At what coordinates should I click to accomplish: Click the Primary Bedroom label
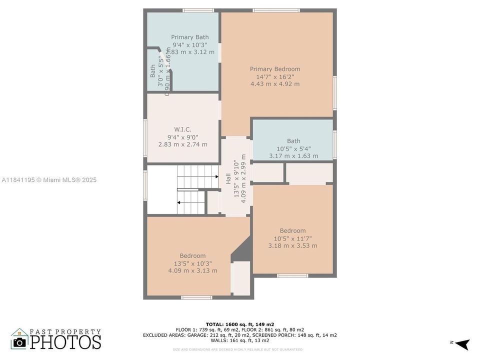275,69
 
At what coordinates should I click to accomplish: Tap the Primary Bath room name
189,37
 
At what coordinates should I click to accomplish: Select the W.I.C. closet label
182,129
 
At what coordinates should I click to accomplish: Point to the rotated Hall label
228,178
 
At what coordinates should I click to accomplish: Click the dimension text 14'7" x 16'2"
275,77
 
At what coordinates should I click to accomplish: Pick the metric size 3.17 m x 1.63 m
293,156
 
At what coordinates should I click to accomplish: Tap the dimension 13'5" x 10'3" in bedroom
192,263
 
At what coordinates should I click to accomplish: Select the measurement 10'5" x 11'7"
292,238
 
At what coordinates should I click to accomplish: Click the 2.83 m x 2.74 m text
182,144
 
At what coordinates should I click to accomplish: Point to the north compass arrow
462,343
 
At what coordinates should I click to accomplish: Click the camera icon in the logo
20,342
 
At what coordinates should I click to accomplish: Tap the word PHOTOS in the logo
65,342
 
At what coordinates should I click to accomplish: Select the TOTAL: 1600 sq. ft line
239,324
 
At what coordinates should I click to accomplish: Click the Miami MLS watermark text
49,180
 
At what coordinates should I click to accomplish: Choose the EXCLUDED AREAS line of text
239,335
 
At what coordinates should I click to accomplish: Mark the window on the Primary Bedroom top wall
276,10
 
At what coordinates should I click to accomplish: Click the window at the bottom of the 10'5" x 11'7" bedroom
292,275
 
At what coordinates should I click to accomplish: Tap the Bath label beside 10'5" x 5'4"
293,141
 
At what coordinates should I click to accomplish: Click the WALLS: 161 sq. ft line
239,340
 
